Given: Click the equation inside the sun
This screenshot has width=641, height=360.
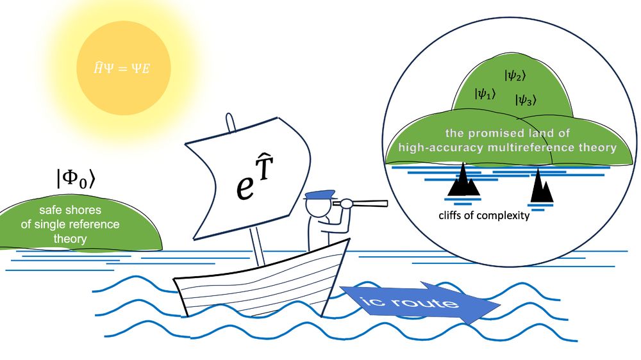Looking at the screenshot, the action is point(122,68).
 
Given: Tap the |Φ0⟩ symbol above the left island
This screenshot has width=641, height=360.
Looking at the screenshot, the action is point(76,179).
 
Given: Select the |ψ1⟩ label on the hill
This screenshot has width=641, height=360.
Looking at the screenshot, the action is point(485,94).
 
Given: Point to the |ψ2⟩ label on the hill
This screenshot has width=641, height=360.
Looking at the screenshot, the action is point(515,76).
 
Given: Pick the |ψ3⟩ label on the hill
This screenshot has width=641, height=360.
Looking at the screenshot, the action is point(526,100).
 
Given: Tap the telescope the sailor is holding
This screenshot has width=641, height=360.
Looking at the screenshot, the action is point(360,203).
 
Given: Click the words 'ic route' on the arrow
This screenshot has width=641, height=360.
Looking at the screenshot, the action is point(409,302).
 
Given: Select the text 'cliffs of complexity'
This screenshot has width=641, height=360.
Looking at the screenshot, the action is point(484,215).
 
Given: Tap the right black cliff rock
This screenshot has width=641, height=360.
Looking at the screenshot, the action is point(542,187).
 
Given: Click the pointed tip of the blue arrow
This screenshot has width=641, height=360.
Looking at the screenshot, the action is point(500,304).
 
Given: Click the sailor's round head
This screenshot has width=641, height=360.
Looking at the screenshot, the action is point(316,207).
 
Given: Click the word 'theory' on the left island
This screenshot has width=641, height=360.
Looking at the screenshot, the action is point(70,239).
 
